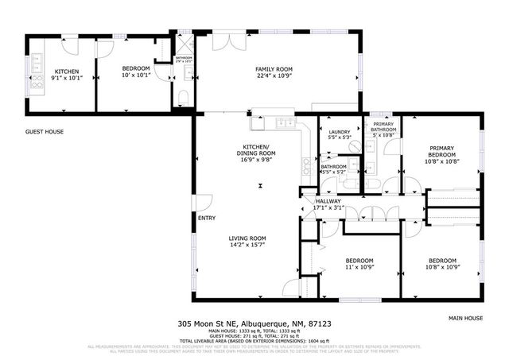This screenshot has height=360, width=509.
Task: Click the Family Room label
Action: click(270, 69)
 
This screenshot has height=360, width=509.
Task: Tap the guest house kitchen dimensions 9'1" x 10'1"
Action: click(66, 78)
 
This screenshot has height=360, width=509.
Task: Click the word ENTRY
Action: click(207, 219)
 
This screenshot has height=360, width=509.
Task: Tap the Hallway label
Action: click(328, 201)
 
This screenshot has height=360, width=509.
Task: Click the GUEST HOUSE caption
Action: click(45, 132)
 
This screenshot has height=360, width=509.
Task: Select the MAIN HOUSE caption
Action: click(465, 317)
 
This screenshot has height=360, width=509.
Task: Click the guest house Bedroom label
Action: click(135, 70)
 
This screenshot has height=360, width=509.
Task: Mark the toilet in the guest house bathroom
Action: click(184, 98)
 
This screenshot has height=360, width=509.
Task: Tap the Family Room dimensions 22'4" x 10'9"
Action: click(270, 77)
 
